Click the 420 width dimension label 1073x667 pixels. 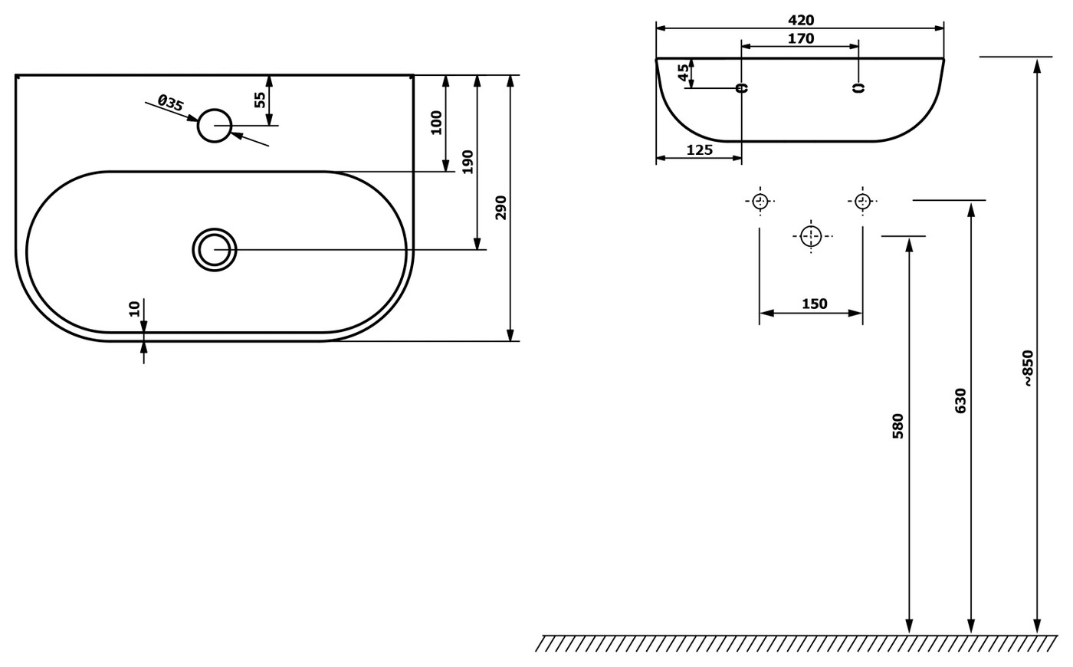(x=801, y=20)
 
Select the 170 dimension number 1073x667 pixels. (x=801, y=38)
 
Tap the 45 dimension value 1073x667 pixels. (x=684, y=72)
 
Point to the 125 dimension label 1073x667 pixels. (x=699, y=150)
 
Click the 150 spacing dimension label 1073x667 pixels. (x=814, y=304)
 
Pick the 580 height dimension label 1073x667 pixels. (x=897, y=426)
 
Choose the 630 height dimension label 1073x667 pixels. (x=960, y=401)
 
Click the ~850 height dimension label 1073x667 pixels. (x=1028, y=369)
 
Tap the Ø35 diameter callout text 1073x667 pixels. (x=170, y=103)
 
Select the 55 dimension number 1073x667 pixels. (x=259, y=100)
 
